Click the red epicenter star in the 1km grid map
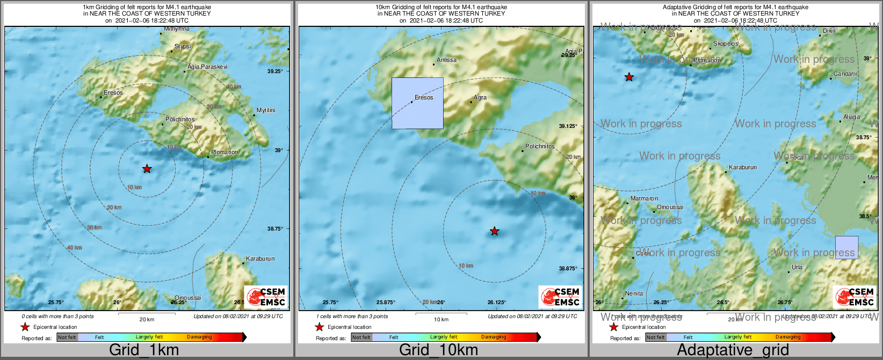coord(147,169)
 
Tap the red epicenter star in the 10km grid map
coord(495,232)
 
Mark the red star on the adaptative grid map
coord(629,77)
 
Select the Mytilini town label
coord(266,110)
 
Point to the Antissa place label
coord(446,60)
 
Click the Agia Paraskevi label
coord(207,67)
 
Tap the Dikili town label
coord(829,31)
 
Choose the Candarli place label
coord(845,74)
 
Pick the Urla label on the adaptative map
coord(797,267)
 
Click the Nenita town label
coord(634,293)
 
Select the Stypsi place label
coord(183,46)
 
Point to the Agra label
coord(480,97)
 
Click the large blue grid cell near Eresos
coord(417,103)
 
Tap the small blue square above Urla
coord(846,248)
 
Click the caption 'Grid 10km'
coord(438,350)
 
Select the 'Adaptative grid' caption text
coord(733,350)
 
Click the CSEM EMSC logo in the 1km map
coord(266,297)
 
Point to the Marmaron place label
coord(644,198)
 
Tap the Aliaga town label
coord(851,117)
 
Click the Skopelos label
coord(726,44)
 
